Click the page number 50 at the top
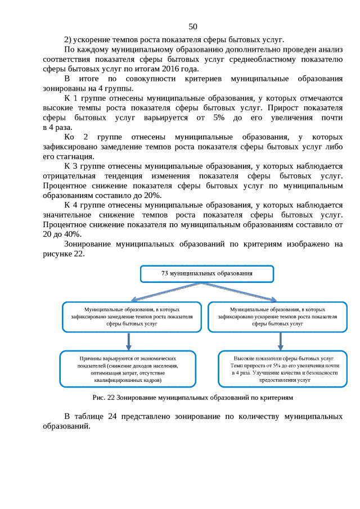193,26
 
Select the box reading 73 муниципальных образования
206,274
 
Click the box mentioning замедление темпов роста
131,317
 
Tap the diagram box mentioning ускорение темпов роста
277,317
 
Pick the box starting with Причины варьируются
128,369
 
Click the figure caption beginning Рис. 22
193,397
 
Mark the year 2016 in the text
171,69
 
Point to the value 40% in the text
72,234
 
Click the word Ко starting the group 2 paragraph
69,137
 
